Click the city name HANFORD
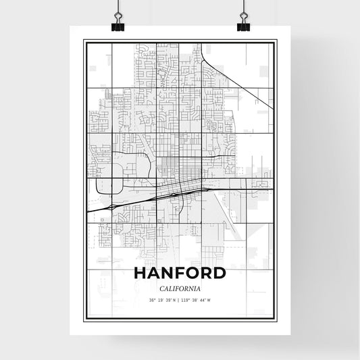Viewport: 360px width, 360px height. (180, 274)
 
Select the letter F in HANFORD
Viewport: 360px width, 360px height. (179, 274)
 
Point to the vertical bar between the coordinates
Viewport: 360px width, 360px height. (180, 301)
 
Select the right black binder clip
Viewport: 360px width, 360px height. (242, 24)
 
